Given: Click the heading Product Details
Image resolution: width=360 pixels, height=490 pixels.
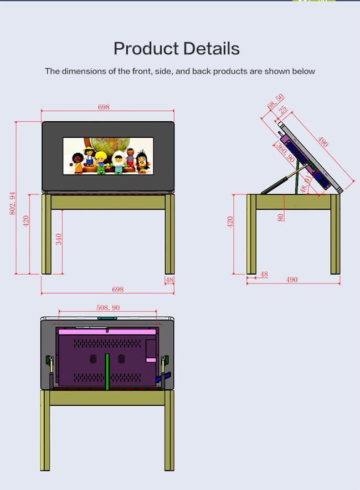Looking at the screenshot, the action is [177, 49].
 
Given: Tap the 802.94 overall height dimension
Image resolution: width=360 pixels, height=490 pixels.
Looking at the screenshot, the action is [12, 203].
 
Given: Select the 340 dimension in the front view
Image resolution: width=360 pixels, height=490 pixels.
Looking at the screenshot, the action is [59, 239].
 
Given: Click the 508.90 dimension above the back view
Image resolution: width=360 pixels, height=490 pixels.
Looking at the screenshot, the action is [108, 307].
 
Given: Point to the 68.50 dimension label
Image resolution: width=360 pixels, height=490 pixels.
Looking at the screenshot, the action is [276, 101].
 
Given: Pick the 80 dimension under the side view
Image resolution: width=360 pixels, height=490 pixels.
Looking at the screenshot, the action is [280, 218].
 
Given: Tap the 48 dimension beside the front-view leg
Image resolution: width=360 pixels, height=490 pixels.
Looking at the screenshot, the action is [169, 280].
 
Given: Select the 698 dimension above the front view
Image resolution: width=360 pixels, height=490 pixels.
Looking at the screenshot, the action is [104, 107].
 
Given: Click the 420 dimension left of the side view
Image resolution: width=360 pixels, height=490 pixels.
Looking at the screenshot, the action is [230, 221].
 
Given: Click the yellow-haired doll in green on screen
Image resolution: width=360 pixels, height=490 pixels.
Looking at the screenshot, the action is [101, 162].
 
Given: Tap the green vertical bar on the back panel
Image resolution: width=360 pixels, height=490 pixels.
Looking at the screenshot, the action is [107, 372].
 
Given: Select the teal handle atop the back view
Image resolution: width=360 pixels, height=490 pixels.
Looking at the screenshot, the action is [107, 318].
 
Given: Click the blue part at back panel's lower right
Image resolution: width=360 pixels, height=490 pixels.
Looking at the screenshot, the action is [163, 377].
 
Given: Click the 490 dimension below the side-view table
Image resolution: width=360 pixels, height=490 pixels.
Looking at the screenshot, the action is [292, 280].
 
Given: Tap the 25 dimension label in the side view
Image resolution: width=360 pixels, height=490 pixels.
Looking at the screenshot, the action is [282, 110].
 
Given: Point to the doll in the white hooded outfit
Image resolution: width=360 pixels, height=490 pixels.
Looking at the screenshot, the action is [119, 162].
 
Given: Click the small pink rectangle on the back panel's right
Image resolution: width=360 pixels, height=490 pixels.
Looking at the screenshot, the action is [151, 360].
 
